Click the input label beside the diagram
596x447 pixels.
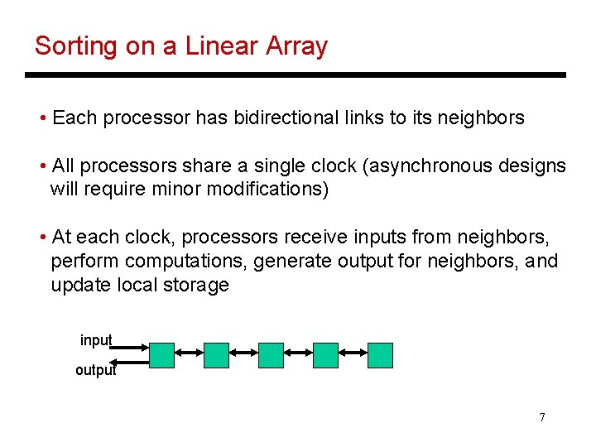pyautogui.click(x=96, y=340)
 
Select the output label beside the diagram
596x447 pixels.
pyautogui.click(x=95, y=370)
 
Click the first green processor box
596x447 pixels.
pyautogui.click(x=161, y=355)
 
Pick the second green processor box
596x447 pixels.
pyautogui.click(x=216, y=355)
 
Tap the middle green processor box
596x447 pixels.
pyautogui.click(x=271, y=355)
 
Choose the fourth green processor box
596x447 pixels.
pyautogui.click(x=326, y=355)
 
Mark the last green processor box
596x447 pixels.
pyautogui.click(x=380, y=355)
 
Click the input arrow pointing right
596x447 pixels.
pyautogui.click(x=130, y=347)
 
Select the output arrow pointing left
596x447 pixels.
pyautogui.click(x=130, y=362)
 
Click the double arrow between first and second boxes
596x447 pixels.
pyautogui.click(x=189, y=353)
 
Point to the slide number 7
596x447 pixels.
pyautogui.click(x=541, y=417)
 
